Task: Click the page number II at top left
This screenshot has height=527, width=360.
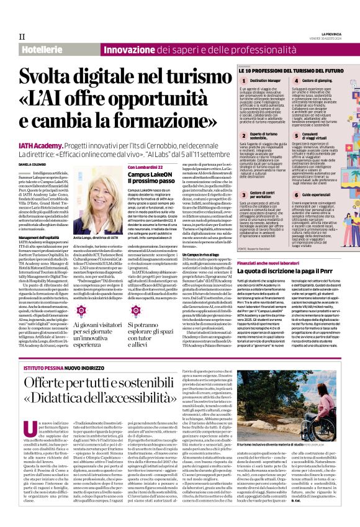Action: click(x=22, y=36)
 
